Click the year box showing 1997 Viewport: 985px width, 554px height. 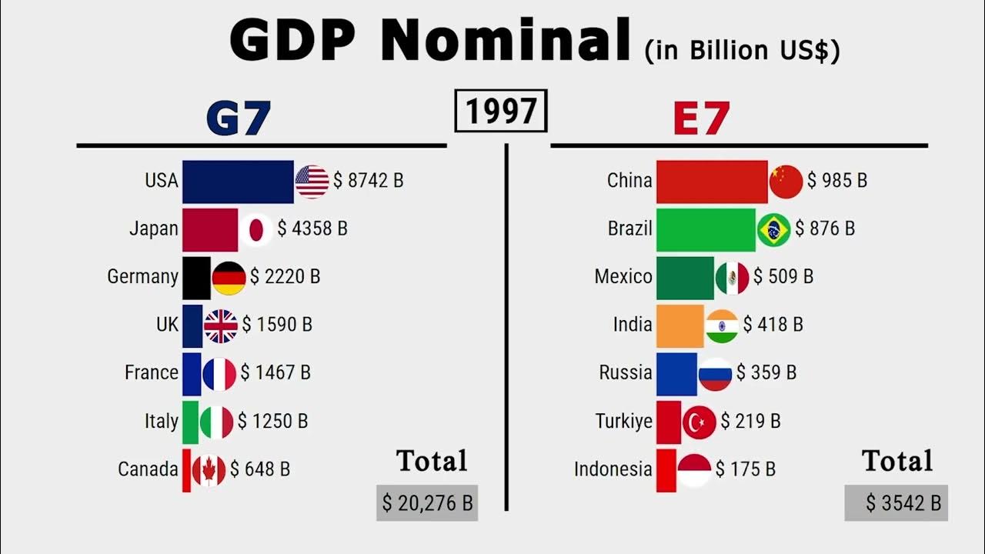tap(501, 111)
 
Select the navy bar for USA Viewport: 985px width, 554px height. tap(238, 181)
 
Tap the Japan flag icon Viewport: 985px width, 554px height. tap(255, 229)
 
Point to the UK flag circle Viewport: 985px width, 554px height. tap(221, 325)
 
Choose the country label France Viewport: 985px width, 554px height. tap(152, 373)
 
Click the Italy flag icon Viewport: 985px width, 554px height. tap(217, 422)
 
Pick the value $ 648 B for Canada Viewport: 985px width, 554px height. tap(260, 469)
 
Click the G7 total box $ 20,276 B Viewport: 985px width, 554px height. tap(427, 503)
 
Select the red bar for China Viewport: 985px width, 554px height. tap(712, 181)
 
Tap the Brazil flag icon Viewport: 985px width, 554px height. tap(773, 229)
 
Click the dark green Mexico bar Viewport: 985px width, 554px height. tap(685, 277)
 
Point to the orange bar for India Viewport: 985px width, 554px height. tap(679, 325)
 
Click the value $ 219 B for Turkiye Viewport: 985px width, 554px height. tap(750, 422)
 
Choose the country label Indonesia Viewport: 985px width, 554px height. tap(613, 469)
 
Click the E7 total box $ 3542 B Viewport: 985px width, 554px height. tap(896, 503)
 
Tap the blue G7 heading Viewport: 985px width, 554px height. tap(239, 118)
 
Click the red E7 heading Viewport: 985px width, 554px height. tap(700, 118)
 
